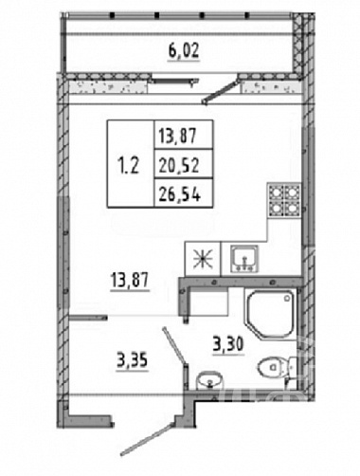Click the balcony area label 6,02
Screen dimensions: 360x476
pos(184,52)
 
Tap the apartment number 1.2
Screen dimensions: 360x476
pos(128,165)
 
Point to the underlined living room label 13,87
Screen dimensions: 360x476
pos(130,281)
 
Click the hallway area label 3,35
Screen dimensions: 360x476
pos(132,361)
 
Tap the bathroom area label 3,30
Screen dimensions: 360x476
pos(228,345)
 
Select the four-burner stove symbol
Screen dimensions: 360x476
pos(284,199)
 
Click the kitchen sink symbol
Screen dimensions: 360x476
pos(244,259)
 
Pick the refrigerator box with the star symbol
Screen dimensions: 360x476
pos(203,259)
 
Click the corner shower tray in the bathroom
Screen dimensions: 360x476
pos(270,315)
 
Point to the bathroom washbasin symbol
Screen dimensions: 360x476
pos(208,380)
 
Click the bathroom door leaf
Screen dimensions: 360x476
pos(173,344)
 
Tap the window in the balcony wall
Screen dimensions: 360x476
pos(175,82)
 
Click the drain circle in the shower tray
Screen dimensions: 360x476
pos(287,298)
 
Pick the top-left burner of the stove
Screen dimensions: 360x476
pos(276,192)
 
